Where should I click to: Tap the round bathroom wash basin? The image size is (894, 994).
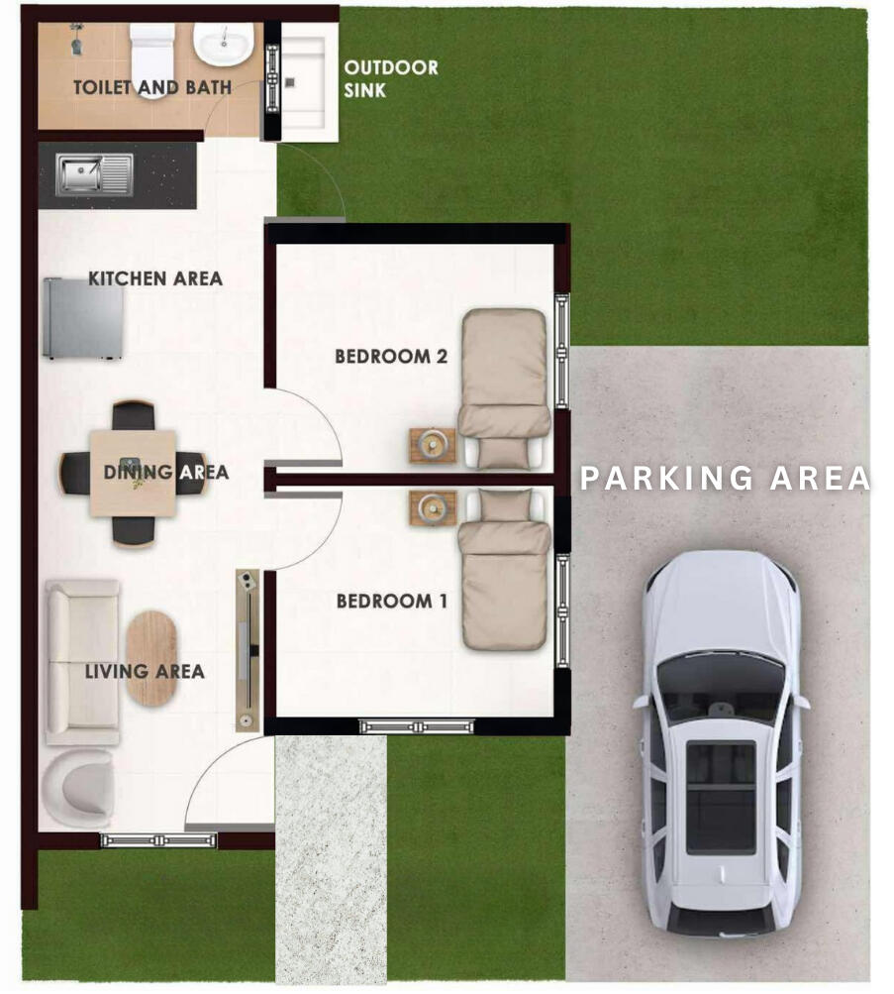click(x=223, y=45)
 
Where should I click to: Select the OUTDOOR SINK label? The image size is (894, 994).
click(x=391, y=78)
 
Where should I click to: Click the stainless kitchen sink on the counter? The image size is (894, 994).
click(x=95, y=174)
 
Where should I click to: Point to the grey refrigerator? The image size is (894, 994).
click(x=83, y=319)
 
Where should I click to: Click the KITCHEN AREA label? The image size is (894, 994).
click(x=155, y=278)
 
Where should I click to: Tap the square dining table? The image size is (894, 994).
click(x=133, y=473)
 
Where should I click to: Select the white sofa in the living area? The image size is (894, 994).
click(x=82, y=662)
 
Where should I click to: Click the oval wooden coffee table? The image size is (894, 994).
click(x=151, y=658)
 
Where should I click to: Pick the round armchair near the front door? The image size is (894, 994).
click(x=77, y=787)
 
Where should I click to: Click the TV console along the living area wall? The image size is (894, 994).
click(x=248, y=650)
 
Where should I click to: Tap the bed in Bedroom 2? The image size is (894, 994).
click(x=504, y=387)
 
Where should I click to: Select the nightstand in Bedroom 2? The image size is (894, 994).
click(x=433, y=446)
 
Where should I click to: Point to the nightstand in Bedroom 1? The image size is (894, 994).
click(x=433, y=507)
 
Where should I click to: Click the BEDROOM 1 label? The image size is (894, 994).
click(x=392, y=601)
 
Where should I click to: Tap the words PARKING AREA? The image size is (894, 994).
click(x=725, y=478)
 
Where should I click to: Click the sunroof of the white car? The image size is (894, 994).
click(x=721, y=798)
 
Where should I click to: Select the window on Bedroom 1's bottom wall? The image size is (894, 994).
click(x=417, y=726)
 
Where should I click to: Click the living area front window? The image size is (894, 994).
click(x=158, y=841)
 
